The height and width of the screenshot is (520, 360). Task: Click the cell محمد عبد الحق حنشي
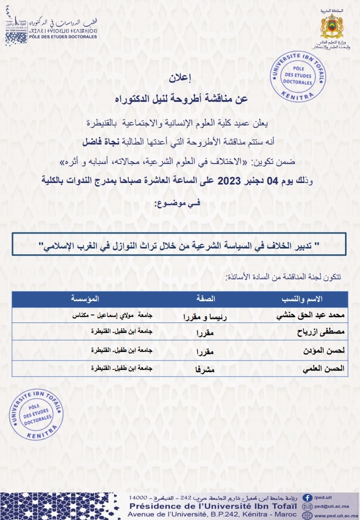coord(310,316)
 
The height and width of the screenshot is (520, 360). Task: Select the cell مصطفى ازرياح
coord(321,332)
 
